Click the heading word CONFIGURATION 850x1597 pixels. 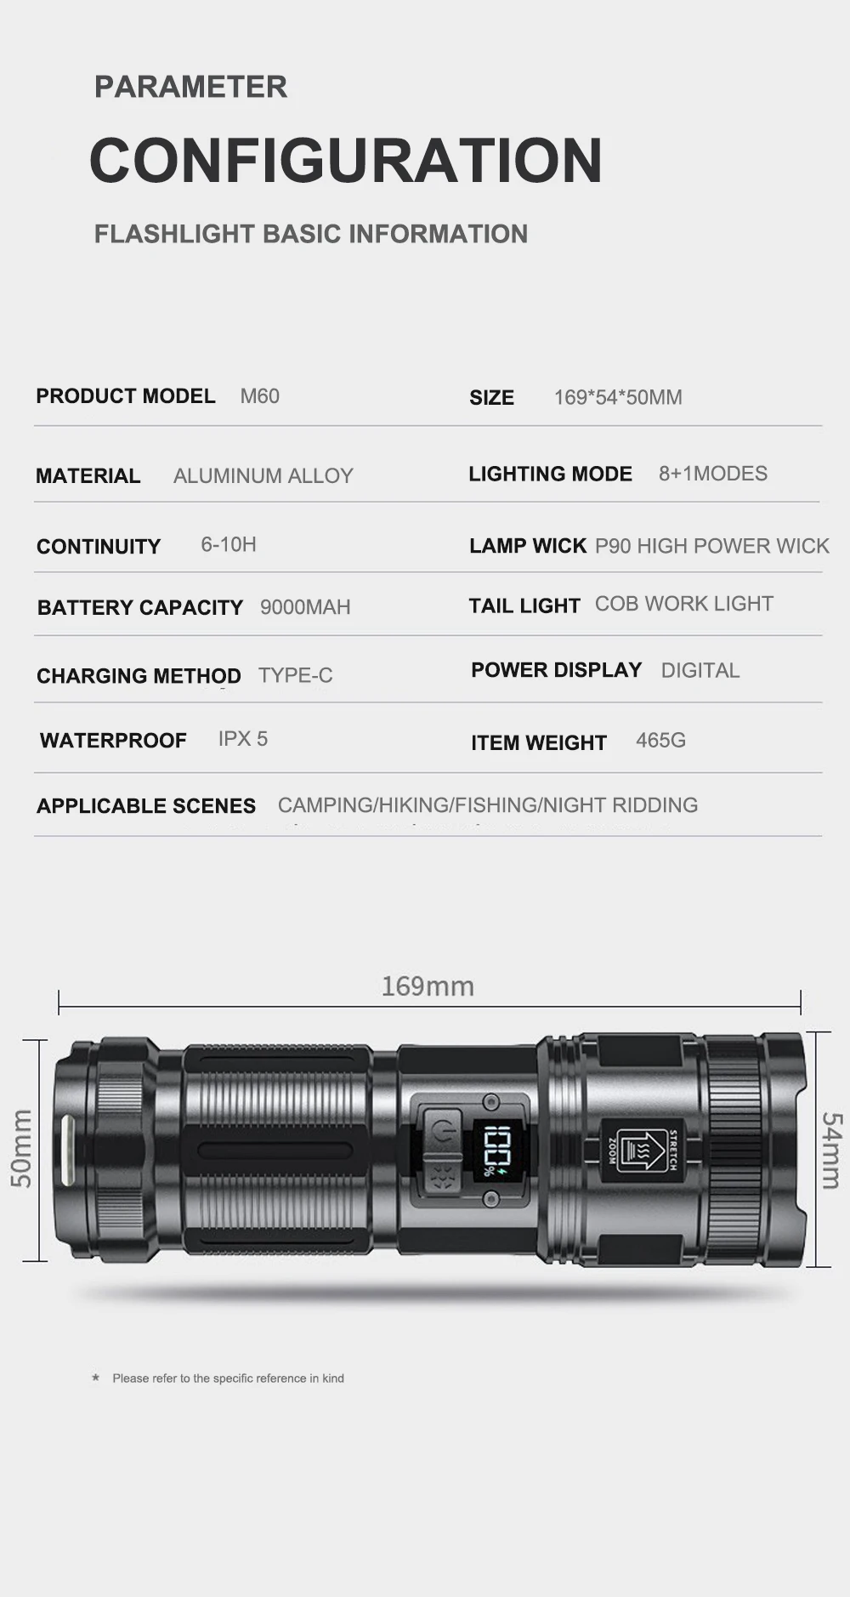(346, 160)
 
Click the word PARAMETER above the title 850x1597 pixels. (190, 87)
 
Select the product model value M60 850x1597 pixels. (259, 396)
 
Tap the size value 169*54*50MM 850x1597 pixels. (618, 397)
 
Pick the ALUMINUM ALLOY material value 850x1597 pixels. (263, 476)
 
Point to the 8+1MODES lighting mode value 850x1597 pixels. (712, 474)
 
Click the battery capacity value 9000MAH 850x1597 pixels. (305, 607)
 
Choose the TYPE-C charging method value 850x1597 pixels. (295, 675)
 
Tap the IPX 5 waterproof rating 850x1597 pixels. (242, 739)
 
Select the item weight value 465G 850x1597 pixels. (660, 741)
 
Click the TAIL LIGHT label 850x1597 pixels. (524, 605)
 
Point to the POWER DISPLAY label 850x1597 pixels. (556, 670)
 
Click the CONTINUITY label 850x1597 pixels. (99, 547)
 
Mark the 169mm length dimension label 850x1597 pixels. (428, 986)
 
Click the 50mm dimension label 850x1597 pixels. (21, 1148)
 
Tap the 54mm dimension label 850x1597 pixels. (831, 1150)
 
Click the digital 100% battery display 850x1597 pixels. (490, 1151)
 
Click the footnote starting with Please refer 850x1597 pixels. (228, 1378)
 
